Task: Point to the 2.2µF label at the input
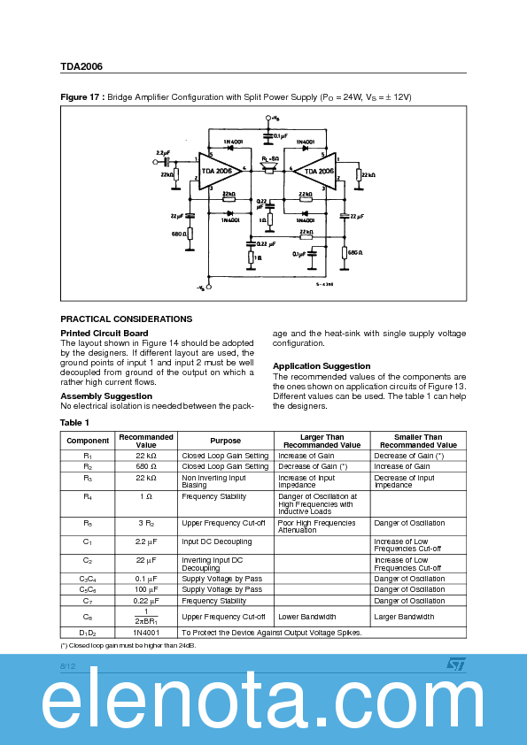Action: click(x=164, y=152)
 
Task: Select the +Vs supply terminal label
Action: click(x=275, y=118)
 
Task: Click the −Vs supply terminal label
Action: click(x=202, y=288)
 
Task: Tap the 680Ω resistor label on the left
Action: click(x=178, y=234)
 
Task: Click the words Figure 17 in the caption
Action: click(x=81, y=96)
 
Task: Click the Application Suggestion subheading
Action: click(x=322, y=365)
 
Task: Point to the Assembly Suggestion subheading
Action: click(x=106, y=396)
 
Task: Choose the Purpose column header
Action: click(x=225, y=441)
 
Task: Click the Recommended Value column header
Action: click(x=146, y=441)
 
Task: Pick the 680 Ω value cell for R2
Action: click(x=146, y=466)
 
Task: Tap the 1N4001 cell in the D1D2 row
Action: click(x=146, y=633)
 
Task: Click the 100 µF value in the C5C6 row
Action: click(x=146, y=589)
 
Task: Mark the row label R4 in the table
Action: click(x=88, y=497)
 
